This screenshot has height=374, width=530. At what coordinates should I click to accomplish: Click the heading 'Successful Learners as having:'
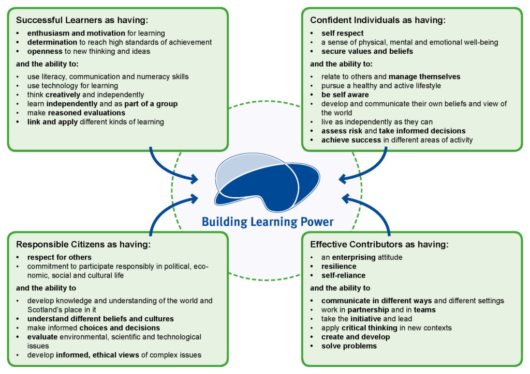point(82,20)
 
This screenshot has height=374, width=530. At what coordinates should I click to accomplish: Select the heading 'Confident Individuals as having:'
point(378,20)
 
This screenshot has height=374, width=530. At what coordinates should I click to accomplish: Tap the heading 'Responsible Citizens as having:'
point(83,244)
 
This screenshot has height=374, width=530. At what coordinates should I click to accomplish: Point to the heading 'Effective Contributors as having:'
point(379,244)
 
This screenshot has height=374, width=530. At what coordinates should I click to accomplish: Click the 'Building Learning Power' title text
point(268,222)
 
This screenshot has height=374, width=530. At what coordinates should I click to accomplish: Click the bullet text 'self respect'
point(343,34)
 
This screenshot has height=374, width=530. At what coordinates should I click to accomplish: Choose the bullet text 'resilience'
point(339,266)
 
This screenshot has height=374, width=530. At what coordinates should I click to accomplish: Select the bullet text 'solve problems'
point(349,346)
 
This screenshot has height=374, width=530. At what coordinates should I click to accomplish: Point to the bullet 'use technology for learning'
point(72,86)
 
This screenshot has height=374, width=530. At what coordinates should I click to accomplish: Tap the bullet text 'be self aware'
point(345,95)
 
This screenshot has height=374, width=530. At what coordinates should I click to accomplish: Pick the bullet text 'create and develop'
point(356,337)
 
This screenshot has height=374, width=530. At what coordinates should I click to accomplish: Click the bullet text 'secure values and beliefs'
point(367,51)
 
